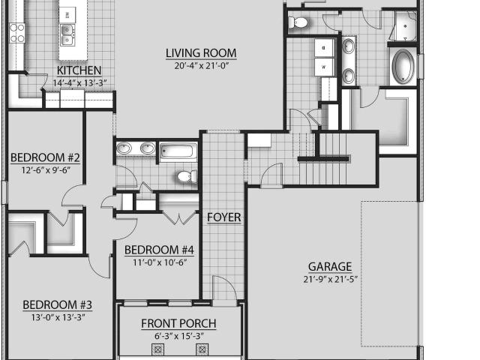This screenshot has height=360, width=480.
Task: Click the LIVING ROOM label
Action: (x=201, y=53)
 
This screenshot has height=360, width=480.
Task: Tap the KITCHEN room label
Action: (x=79, y=70)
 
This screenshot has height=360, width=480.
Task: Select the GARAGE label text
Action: (x=330, y=267)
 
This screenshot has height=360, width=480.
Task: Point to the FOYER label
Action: (x=223, y=217)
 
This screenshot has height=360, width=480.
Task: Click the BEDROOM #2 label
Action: (x=45, y=157)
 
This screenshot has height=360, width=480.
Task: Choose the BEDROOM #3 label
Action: (x=57, y=305)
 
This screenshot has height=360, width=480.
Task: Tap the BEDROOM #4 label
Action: (x=159, y=250)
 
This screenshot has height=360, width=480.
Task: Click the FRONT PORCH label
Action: (x=178, y=323)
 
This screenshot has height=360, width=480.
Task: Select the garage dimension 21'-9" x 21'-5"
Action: (x=331, y=279)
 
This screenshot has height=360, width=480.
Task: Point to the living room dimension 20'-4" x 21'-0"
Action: (x=202, y=65)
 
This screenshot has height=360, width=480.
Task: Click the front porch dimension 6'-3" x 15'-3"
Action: (x=179, y=336)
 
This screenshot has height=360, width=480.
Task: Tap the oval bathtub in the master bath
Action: (x=403, y=67)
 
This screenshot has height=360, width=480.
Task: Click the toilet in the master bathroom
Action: (x=298, y=22)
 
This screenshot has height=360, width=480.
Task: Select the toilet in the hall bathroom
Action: (x=187, y=177)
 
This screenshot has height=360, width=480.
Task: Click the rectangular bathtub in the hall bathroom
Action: (x=178, y=151)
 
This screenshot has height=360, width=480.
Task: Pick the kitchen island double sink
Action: (x=67, y=35)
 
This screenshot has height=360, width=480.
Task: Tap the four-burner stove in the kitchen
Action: (x=16, y=33)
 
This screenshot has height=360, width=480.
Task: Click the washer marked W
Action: (x=323, y=67)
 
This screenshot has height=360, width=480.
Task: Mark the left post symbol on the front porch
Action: (x=158, y=349)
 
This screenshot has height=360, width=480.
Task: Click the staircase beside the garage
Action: (x=323, y=159)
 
